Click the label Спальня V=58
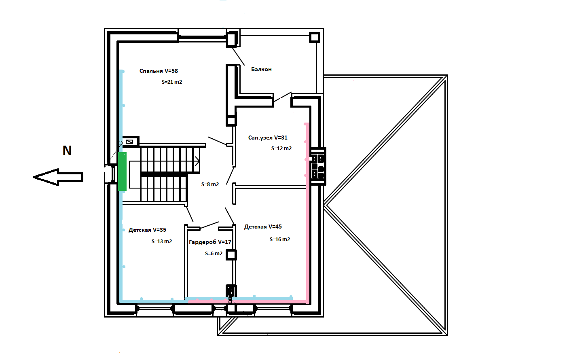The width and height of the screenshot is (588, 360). coord(159,71)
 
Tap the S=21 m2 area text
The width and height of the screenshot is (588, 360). coord(172,82)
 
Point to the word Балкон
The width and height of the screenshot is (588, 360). coord(261,69)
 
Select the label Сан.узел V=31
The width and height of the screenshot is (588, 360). coord(268,138)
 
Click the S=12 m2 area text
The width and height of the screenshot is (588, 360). coord(281,148)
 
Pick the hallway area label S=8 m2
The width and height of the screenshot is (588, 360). coord(210,184)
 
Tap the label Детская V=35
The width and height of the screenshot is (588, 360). coord(147,230)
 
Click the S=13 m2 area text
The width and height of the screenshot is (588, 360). coord(162,241)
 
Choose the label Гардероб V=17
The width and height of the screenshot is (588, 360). coord(210,242)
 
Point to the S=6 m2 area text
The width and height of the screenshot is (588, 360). coord(214,253)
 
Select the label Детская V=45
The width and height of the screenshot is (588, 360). coord(263,227)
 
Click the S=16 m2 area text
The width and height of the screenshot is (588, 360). coord(280,239)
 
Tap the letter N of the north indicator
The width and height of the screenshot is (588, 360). coord(67,150)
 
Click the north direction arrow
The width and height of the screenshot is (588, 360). coord(58,177)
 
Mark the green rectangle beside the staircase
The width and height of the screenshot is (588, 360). coord(122,172)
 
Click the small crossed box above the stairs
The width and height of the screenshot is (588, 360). coord(129,142)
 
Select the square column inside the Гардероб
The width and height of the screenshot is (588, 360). coord(231,255)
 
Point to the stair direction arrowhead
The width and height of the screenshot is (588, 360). coord(197,161)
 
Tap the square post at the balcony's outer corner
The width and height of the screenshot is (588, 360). coord(315,37)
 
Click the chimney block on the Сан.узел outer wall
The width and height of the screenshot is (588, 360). coord(318,166)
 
